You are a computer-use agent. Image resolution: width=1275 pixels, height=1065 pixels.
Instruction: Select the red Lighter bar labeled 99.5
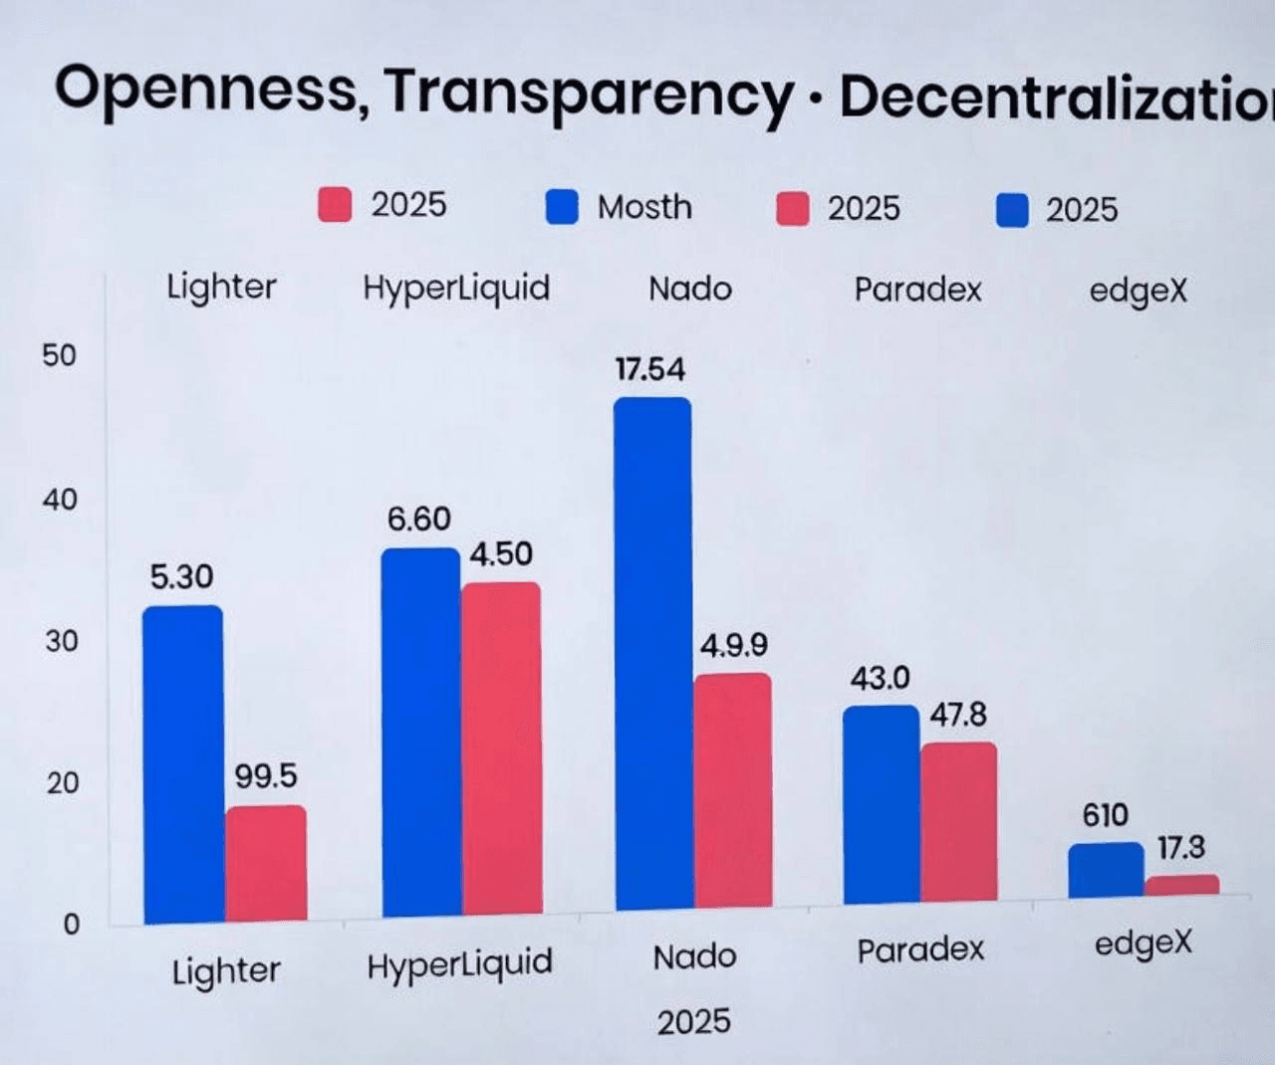(265, 863)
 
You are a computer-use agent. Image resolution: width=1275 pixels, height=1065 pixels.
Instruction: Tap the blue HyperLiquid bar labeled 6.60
(420, 732)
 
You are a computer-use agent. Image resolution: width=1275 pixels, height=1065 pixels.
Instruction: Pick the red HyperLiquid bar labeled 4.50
(501, 748)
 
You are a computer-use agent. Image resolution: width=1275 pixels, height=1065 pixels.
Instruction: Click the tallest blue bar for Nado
(652, 653)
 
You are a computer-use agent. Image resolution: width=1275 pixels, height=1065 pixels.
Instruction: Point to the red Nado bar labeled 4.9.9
(733, 790)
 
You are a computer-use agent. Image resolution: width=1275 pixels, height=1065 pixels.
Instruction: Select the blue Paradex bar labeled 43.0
(882, 804)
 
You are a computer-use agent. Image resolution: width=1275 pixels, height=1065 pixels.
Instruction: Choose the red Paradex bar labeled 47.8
(958, 822)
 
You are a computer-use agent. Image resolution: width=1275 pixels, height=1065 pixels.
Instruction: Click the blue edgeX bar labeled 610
(1106, 870)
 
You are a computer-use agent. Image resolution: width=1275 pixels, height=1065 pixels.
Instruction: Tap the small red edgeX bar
(1182, 885)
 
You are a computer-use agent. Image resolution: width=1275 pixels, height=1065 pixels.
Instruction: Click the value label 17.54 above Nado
(649, 370)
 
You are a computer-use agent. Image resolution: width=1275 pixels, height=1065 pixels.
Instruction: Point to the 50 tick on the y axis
(59, 355)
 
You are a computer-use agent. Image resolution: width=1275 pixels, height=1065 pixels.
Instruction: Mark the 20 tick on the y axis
(61, 783)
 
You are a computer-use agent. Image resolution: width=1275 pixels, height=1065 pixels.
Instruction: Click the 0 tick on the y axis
(71, 925)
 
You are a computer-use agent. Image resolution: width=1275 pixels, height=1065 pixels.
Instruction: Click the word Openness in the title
(205, 90)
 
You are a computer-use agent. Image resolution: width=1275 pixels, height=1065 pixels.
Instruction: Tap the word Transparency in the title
(588, 95)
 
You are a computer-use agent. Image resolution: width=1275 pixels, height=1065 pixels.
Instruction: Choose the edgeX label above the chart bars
(1138, 291)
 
